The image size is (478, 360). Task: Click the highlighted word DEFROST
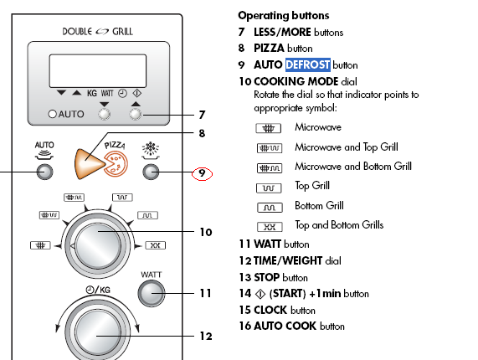pyautogui.click(x=307, y=64)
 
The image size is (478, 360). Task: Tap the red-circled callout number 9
pyautogui.click(x=202, y=173)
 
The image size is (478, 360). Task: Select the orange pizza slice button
pyautogui.click(x=90, y=164)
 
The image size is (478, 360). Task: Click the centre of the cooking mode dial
pyautogui.click(x=98, y=244)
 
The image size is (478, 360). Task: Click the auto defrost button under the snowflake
pyautogui.click(x=151, y=172)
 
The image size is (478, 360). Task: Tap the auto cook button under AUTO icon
pyautogui.click(x=45, y=172)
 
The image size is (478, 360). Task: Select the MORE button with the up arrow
pyautogui.click(x=136, y=115)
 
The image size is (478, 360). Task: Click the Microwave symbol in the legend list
pyautogui.click(x=268, y=128)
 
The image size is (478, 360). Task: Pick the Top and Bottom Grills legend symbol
pyautogui.click(x=270, y=227)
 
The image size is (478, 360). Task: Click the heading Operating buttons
pyautogui.click(x=284, y=15)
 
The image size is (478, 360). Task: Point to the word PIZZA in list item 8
pyautogui.click(x=269, y=48)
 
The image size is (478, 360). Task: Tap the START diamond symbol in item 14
pyautogui.click(x=260, y=294)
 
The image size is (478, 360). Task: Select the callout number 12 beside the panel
pyautogui.click(x=206, y=336)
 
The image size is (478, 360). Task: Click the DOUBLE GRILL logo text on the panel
pyautogui.click(x=98, y=32)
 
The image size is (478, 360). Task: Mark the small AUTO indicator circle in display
pyautogui.click(x=53, y=114)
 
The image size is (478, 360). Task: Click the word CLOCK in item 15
pyautogui.click(x=270, y=310)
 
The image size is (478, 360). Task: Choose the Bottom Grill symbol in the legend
pyautogui.click(x=270, y=208)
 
